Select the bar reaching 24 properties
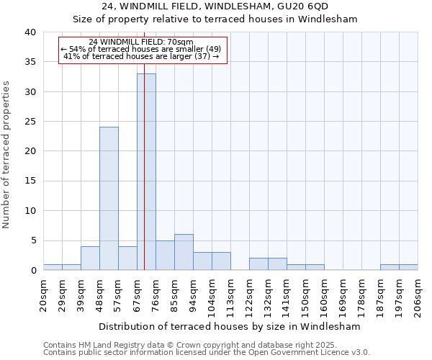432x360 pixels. [x=109, y=198]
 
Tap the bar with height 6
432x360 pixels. [x=184, y=252]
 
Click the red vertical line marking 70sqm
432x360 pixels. [x=144, y=144]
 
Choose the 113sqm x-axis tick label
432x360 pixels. [x=230, y=294]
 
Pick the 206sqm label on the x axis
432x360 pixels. [x=418, y=294]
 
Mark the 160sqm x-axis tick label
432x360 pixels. [x=324, y=294]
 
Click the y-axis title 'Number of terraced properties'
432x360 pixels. [x=6, y=154]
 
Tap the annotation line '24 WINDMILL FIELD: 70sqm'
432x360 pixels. [x=142, y=42]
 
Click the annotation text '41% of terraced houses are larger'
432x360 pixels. [x=141, y=56]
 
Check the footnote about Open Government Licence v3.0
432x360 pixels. [x=206, y=353]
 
